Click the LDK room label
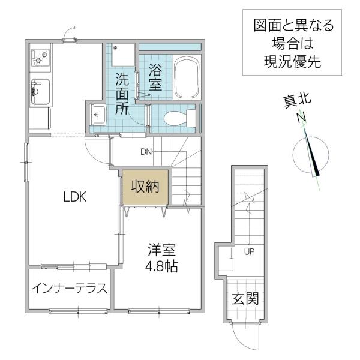[75, 197]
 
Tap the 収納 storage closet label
[145, 187]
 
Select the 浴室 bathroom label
[155, 77]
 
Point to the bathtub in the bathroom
[187, 77]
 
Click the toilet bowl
[179, 118]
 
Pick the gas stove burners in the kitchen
[41, 58]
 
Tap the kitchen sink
[41, 92]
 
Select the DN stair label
[146, 152]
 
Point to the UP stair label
[249, 252]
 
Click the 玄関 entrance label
[245, 298]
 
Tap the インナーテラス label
[70, 289]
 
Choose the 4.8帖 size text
[161, 266]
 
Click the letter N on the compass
[301, 118]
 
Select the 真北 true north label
[297, 101]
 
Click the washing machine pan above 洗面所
[123, 55]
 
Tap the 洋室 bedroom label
[161, 250]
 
